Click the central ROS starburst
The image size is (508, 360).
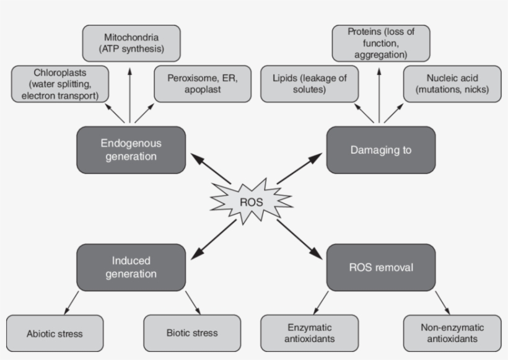coord(250,201)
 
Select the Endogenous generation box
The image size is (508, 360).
coord(131,150)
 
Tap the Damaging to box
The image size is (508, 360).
coord(380,150)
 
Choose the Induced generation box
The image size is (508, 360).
coord(131,267)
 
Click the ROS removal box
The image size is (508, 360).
coord(380,268)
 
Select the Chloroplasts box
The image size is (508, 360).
coord(60,85)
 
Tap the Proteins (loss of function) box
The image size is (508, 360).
coord(380,43)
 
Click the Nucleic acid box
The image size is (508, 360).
coord(452,85)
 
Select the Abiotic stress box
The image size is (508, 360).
coord(55,333)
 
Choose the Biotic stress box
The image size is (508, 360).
coord(192,333)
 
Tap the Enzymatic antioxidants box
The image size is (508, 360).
coord(310,333)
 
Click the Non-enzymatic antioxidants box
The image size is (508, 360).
coord(452,333)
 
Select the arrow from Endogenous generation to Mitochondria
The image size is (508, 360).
coord(130,93)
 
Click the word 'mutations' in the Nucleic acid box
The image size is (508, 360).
coord(441,90)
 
